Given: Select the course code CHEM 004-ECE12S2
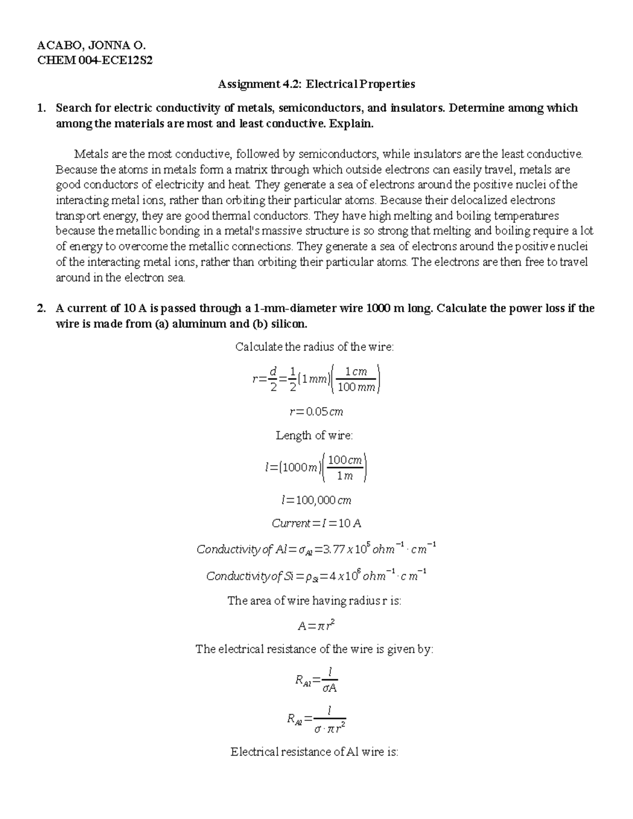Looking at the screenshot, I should (x=94, y=61).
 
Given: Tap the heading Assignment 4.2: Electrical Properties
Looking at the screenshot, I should (x=316, y=84).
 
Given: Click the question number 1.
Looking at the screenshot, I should (x=41, y=108).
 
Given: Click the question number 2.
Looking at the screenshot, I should (x=41, y=309).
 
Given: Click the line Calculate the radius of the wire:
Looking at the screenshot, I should (x=314, y=347).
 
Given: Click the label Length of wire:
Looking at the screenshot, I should (x=314, y=436).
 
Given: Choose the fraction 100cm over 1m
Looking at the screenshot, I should (x=344, y=467).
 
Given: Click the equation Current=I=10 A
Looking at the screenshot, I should (x=316, y=524).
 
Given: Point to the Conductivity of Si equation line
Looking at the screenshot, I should (x=316, y=575).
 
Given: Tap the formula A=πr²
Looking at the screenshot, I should (x=316, y=626).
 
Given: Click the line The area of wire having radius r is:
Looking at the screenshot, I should (x=314, y=601).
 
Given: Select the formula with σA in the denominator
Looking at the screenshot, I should (x=316, y=681).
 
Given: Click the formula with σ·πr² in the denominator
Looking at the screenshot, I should (x=316, y=721).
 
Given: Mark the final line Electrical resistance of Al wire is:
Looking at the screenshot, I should (x=314, y=752).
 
